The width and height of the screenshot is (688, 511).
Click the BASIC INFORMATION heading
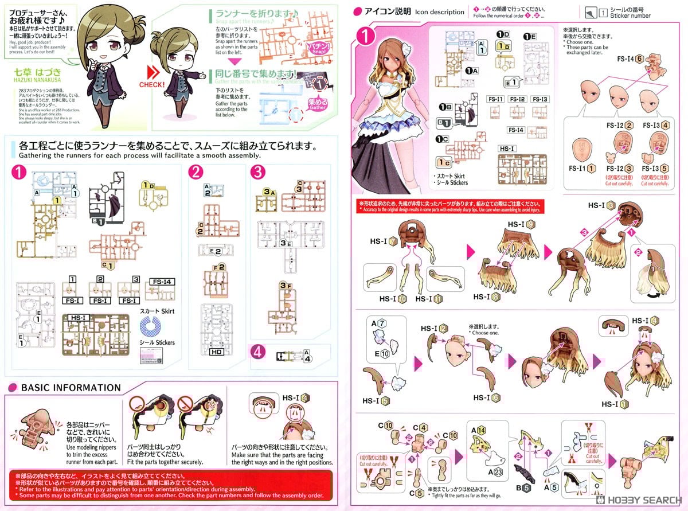coord(71,388)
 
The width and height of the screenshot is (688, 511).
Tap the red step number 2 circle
coord(196,171)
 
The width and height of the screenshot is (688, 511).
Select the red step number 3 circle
coord(258,171)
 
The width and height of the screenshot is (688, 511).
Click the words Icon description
coord(440,11)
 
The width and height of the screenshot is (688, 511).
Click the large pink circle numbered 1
coord(365,36)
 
